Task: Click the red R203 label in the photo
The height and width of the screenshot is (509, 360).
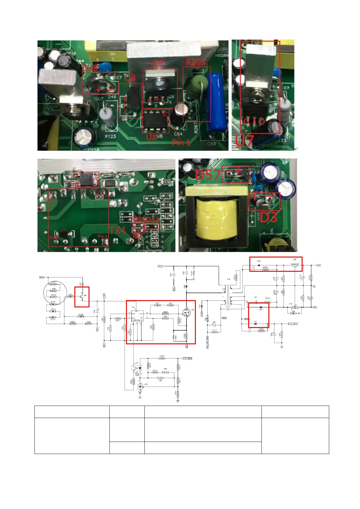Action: (195, 62)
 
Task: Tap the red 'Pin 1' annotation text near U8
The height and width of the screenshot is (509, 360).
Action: (181, 142)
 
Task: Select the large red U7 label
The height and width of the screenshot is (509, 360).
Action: (244, 141)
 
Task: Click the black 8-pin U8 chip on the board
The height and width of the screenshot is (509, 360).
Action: (155, 121)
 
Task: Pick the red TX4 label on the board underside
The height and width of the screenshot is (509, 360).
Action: (117, 230)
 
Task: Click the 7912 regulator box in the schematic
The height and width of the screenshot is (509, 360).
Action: (294, 265)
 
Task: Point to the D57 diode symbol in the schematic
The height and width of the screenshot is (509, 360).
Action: (261, 307)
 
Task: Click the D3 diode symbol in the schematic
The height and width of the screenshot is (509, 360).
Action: (256, 324)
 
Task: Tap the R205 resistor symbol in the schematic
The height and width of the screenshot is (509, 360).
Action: (162, 358)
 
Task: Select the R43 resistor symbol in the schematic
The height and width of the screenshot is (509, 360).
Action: (88, 324)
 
